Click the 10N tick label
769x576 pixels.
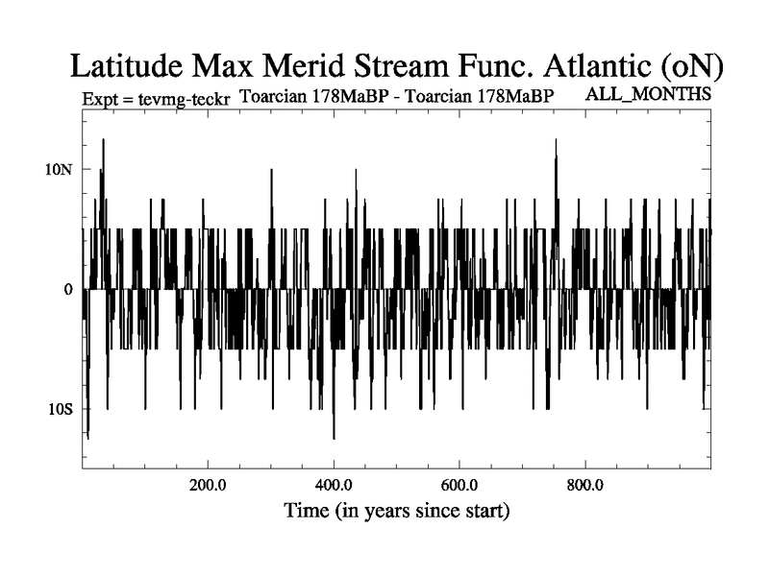tap(60, 169)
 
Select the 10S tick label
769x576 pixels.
tap(61, 409)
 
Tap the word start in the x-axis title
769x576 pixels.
tap(485, 510)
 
